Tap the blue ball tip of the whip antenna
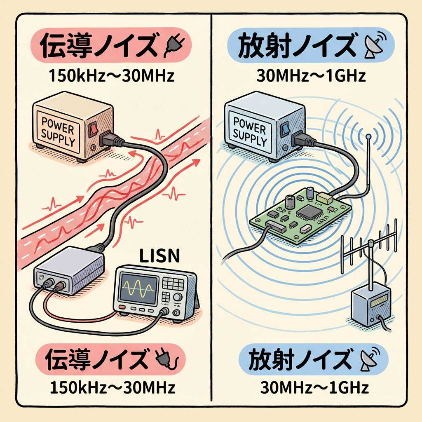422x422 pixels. [x=368, y=136]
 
